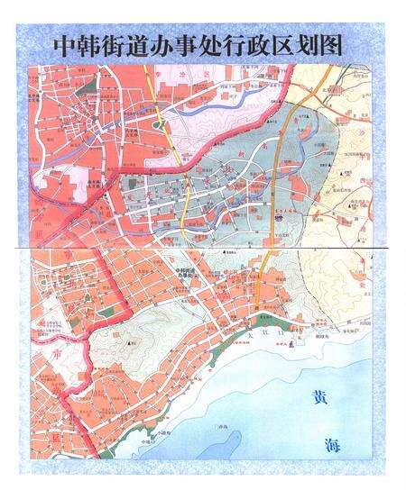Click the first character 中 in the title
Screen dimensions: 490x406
pos(65,45)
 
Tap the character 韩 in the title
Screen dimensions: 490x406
pos(91,45)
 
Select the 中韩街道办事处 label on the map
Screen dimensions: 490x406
pos(184,273)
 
